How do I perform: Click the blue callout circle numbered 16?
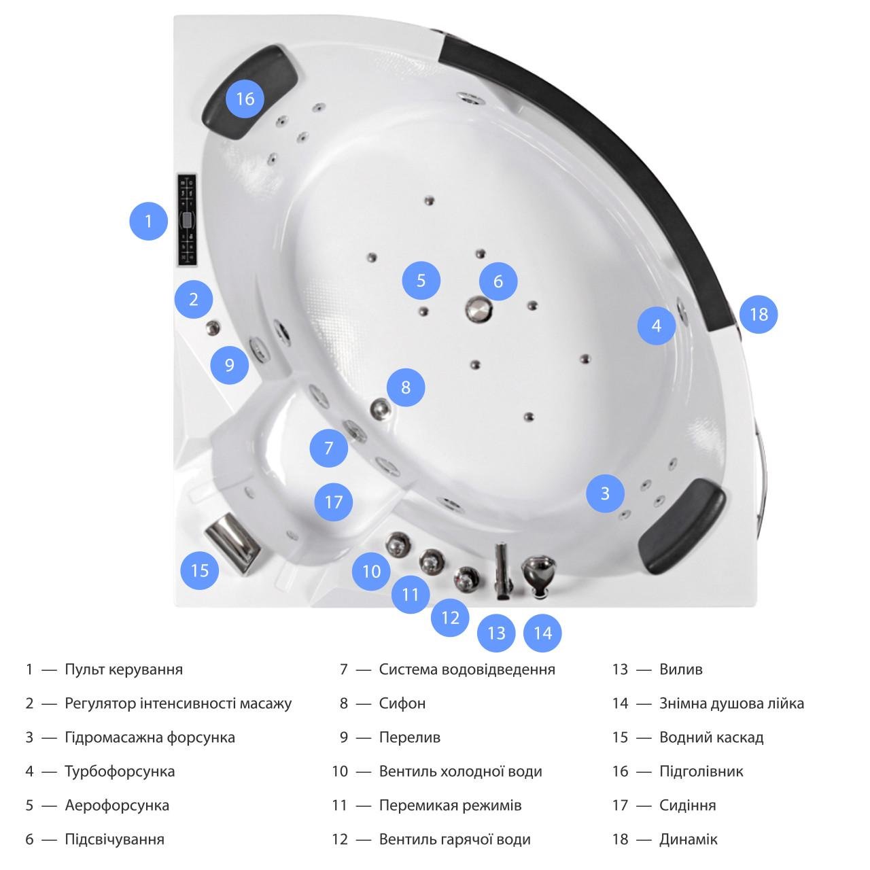pyautogui.click(x=245, y=99)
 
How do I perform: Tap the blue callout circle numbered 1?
pyautogui.click(x=149, y=221)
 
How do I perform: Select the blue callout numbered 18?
pyautogui.click(x=759, y=315)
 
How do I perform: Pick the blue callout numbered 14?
pyautogui.click(x=542, y=633)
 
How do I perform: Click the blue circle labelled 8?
pyautogui.click(x=406, y=387)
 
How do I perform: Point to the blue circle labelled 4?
pyautogui.click(x=657, y=326)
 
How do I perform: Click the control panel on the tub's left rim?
pyautogui.click(x=186, y=220)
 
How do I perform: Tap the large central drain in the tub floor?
pyautogui.click(x=478, y=309)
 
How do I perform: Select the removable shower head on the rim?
pyautogui.click(x=538, y=576)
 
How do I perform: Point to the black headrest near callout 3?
pyautogui.click(x=681, y=526)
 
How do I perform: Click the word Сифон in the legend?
pyautogui.click(x=402, y=703)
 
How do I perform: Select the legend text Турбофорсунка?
pyautogui.click(x=120, y=771)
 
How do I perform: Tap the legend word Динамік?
pyautogui.click(x=688, y=839)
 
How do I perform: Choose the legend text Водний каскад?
pyautogui.click(x=711, y=737)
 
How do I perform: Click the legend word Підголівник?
pyautogui.click(x=701, y=771)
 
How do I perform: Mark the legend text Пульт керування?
pyautogui.click(x=124, y=669)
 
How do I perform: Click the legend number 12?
pyautogui.click(x=340, y=839)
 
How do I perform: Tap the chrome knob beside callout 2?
pyautogui.click(x=213, y=328)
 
